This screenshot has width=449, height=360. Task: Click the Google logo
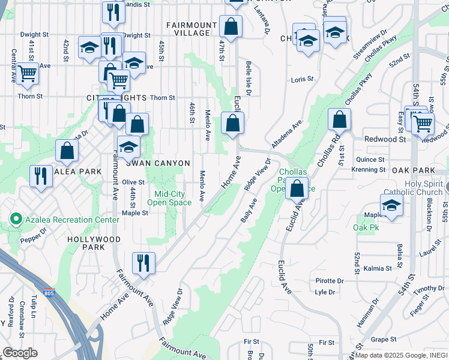(20, 352)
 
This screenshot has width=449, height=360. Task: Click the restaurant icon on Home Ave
(143, 262)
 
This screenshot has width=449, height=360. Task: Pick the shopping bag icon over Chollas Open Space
(297, 188)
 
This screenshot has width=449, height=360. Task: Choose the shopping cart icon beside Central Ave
(27, 73)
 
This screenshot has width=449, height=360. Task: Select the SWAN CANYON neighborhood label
(158, 163)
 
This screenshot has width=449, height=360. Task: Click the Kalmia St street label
(377, 268)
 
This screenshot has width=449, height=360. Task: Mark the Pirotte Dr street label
(330, 281)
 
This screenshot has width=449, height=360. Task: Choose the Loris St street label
(303, 79)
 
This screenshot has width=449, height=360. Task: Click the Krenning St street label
(369, 170)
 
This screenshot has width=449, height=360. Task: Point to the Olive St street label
(133, 182)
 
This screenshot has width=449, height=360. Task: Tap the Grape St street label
(381, 339)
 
